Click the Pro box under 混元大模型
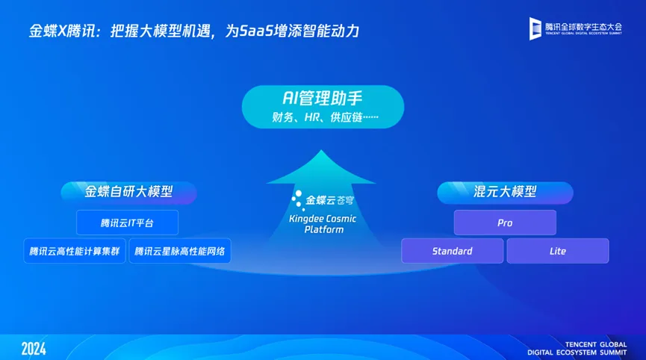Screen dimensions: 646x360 (x=505, y=223)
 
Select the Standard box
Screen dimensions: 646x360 (x=453, y=251)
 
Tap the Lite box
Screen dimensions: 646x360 (x=558, y=251)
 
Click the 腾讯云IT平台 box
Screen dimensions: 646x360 (x=127, y=223)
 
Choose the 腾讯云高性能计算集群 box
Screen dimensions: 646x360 (x=75, y=251)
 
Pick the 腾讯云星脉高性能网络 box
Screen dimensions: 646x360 (x=180, y=251)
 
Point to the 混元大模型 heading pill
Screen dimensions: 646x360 (x=505, y=193)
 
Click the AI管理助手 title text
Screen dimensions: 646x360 (x=323, y=99)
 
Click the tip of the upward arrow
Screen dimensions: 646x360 (x=321, y=150)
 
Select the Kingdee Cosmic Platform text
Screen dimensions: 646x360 (x=323, y=224)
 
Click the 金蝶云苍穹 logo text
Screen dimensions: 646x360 (x=329, y=201)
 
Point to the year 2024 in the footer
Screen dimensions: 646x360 (x=34, y=349)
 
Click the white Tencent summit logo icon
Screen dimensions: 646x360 (x=535, y=28)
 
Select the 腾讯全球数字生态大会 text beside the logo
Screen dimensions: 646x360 (x=583, y=27)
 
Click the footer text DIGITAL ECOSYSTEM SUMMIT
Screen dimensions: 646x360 (x=577, y=353)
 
